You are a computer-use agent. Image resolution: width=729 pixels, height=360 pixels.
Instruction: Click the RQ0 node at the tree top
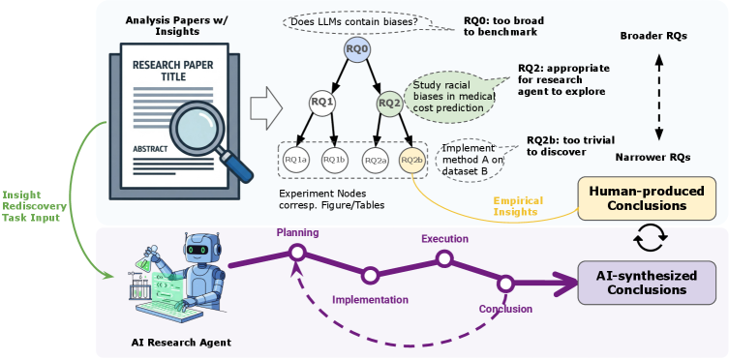[356, 48]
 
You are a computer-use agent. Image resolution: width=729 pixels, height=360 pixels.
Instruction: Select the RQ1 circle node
[321, 102]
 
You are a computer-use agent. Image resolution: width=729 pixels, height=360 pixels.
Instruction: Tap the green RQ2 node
[389, 102]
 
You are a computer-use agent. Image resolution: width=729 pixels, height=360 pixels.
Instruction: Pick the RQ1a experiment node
[296, 159]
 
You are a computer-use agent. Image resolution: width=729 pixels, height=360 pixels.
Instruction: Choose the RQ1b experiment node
[334, 159]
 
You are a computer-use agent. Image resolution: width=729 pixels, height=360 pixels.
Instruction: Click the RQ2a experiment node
[375, 159]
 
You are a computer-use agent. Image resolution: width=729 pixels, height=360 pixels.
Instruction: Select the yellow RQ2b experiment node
[412, 159]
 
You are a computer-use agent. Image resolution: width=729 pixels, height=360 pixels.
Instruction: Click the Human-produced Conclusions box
[646, 197]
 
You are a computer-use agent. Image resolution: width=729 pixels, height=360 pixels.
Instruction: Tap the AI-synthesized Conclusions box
[646, 280]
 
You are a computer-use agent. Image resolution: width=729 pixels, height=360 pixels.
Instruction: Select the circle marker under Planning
[298, 253]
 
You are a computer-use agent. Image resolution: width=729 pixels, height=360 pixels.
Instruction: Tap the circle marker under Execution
[444, 258]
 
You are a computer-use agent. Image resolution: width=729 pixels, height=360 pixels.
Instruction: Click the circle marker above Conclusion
[504, 283]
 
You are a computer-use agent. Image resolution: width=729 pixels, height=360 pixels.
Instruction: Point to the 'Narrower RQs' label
[653, 156]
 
